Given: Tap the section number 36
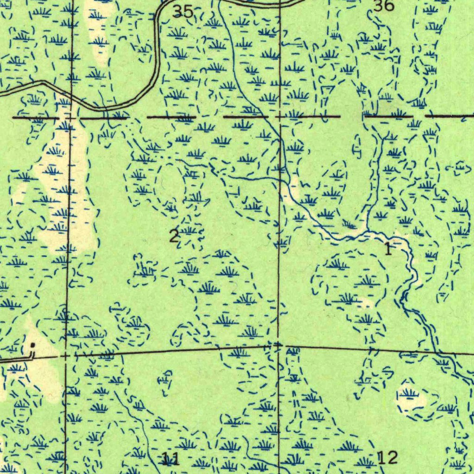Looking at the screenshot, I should [384, 6].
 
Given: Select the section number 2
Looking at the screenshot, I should [174, 237].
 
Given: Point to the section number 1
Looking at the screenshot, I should [388, 249].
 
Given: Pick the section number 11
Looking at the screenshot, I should [170, 459].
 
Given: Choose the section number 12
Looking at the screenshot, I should [387, 458].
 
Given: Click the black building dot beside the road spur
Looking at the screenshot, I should [32, 345].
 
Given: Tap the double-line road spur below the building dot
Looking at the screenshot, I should [19, 357].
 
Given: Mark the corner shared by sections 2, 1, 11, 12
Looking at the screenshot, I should [278, 345].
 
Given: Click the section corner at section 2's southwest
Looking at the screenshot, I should [66, 356].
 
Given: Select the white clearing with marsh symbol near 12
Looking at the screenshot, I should [409, 396].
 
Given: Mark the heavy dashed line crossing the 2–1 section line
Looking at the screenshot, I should [279, 117].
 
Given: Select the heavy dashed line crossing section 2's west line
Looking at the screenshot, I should [70, 118].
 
